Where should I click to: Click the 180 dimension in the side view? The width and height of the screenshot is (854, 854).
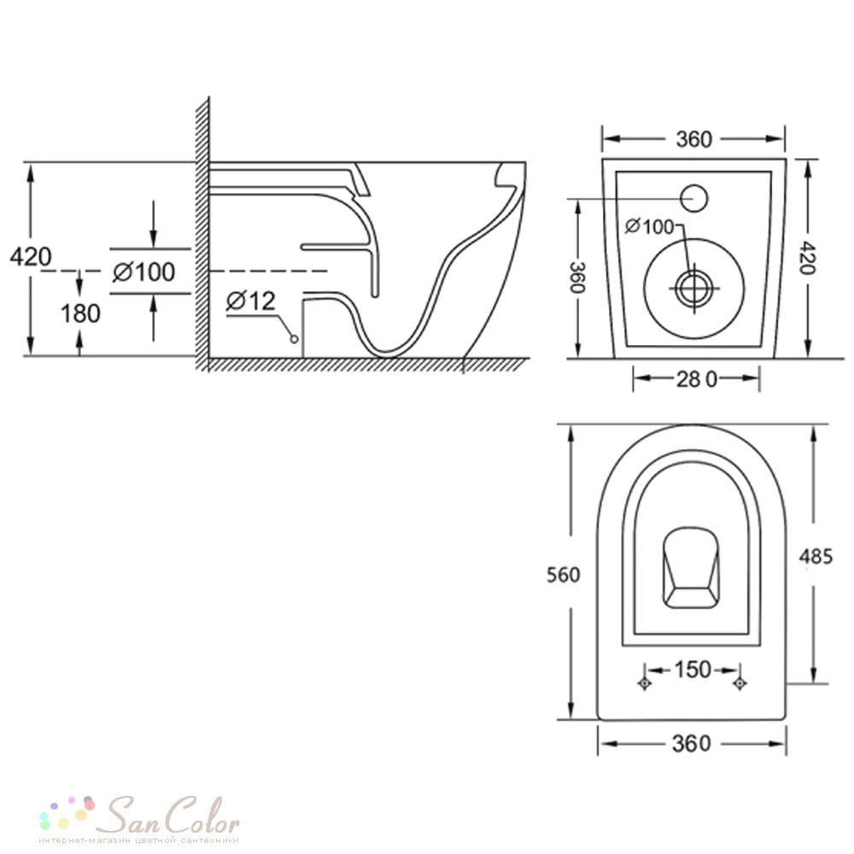(80, 313)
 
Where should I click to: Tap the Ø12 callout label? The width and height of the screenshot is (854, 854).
(251, 301)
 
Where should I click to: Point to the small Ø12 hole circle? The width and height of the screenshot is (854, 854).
(294, 339)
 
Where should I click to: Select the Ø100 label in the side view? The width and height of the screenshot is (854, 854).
(143, 272)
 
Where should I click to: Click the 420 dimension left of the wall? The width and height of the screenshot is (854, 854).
(31, 256)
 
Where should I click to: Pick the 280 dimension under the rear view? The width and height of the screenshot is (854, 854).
(697, 379)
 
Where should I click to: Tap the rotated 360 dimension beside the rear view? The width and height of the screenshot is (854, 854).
(578, 278)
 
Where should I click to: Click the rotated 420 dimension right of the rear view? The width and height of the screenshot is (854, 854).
(810, 258)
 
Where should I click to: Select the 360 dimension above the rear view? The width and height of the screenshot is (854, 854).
(693, 139)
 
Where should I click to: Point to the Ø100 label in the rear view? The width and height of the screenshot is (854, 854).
(650, 226)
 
